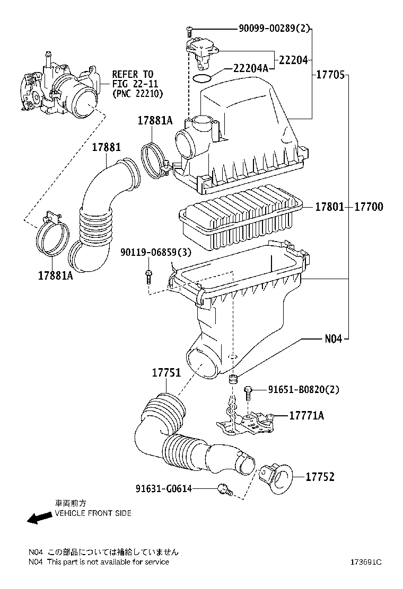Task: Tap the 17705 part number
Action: [331, 75]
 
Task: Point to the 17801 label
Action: [330, 207]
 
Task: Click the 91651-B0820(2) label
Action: [303, 390]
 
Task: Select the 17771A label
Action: [306, 416]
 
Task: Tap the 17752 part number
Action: [320, 477]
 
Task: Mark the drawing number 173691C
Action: [365, 562]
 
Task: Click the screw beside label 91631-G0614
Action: [224, 490]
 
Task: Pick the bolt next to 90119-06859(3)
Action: [148, 277]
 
